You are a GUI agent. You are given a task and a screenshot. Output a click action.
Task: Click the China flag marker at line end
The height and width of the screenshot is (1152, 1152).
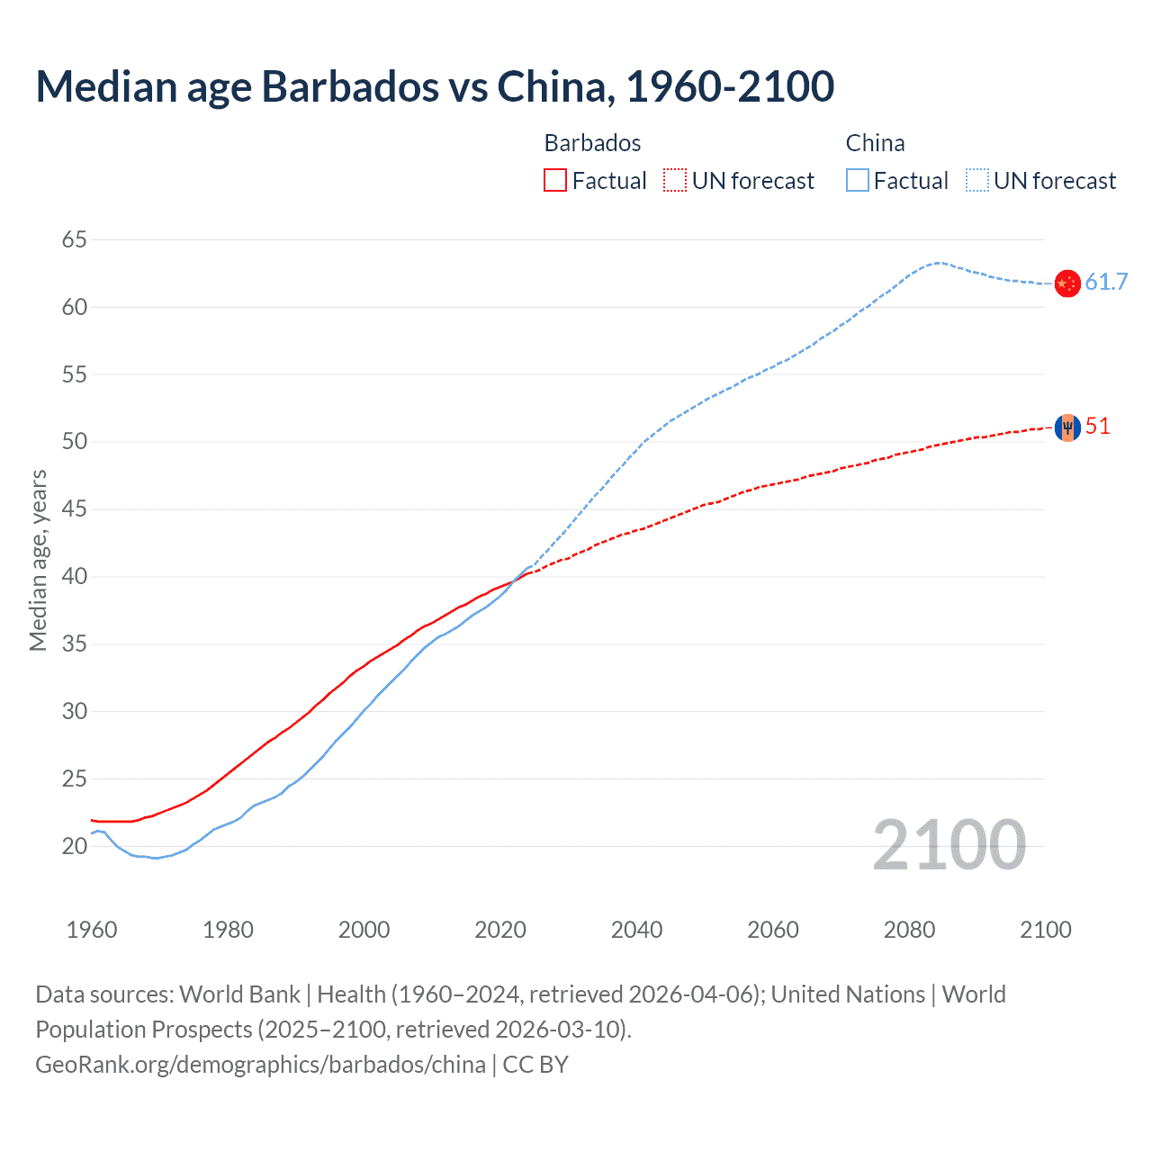(1067, 283)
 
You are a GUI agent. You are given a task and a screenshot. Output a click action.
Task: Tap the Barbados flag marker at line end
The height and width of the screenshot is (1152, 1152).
(1067, 427)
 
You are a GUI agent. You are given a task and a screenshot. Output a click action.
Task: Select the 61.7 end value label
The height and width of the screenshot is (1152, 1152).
(1106, 283)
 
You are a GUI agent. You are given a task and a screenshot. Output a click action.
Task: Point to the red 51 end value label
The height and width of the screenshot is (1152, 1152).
(1098, 427)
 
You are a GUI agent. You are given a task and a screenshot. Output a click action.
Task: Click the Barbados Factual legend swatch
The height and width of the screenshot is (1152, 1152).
(555, 181)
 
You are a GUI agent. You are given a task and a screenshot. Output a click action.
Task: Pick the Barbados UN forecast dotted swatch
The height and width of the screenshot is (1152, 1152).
(675, 181)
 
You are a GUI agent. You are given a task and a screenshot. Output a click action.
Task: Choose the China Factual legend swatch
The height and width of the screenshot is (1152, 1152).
(858, 181)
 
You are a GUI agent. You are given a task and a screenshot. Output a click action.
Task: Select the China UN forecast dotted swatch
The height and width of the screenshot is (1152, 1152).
(977, 181)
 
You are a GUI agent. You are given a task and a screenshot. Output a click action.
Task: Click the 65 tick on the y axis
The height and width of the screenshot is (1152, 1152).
(75, 239)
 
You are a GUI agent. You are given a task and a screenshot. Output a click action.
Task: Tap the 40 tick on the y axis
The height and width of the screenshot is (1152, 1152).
(75, 577)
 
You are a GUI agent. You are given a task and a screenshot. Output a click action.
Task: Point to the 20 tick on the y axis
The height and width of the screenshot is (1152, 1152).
(75, 846)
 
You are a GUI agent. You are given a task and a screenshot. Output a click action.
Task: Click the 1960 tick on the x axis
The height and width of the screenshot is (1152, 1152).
(92, 930)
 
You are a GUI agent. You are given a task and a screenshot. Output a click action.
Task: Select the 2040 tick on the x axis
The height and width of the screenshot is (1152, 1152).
(636, 930)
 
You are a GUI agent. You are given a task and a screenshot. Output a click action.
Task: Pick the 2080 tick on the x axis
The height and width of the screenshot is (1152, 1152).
(909, 930)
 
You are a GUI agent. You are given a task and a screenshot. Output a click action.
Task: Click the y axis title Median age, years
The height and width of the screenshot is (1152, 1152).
(38, 560)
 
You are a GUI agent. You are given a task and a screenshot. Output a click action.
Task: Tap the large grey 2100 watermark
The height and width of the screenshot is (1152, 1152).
(949, 845)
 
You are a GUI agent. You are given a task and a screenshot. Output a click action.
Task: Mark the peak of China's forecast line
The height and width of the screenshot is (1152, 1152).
(938, 263)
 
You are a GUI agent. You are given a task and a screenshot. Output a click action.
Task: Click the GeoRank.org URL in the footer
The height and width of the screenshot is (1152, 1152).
(260, 1065)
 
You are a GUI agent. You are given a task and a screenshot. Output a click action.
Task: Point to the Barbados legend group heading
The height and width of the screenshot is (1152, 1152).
(592, 143)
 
